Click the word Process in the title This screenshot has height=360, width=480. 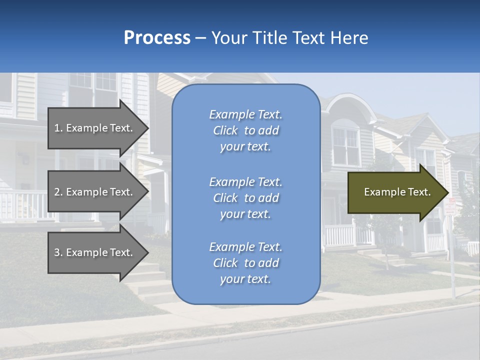tap(157, 38)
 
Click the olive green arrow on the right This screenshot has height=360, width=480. tap(395, 192)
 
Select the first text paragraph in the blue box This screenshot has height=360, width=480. tap(245, 130)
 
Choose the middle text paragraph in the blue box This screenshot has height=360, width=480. tap(245, 198)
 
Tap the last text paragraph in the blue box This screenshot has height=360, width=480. tap(245, 263)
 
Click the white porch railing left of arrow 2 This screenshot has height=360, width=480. tap(22, 205)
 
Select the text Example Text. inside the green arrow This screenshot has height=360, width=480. tap(397, 192)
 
